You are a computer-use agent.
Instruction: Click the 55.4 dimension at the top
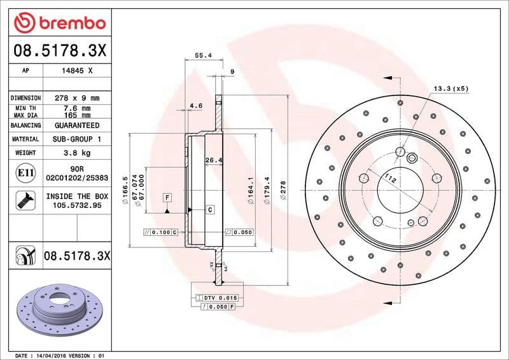(x=202, y=56)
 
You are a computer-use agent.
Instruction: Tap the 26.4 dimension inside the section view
(x=213, y=160)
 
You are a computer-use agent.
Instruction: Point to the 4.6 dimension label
(x=196, y=106)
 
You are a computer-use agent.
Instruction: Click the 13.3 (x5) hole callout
(x=450, y=88)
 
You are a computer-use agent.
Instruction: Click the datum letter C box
(x=209, y=209)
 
